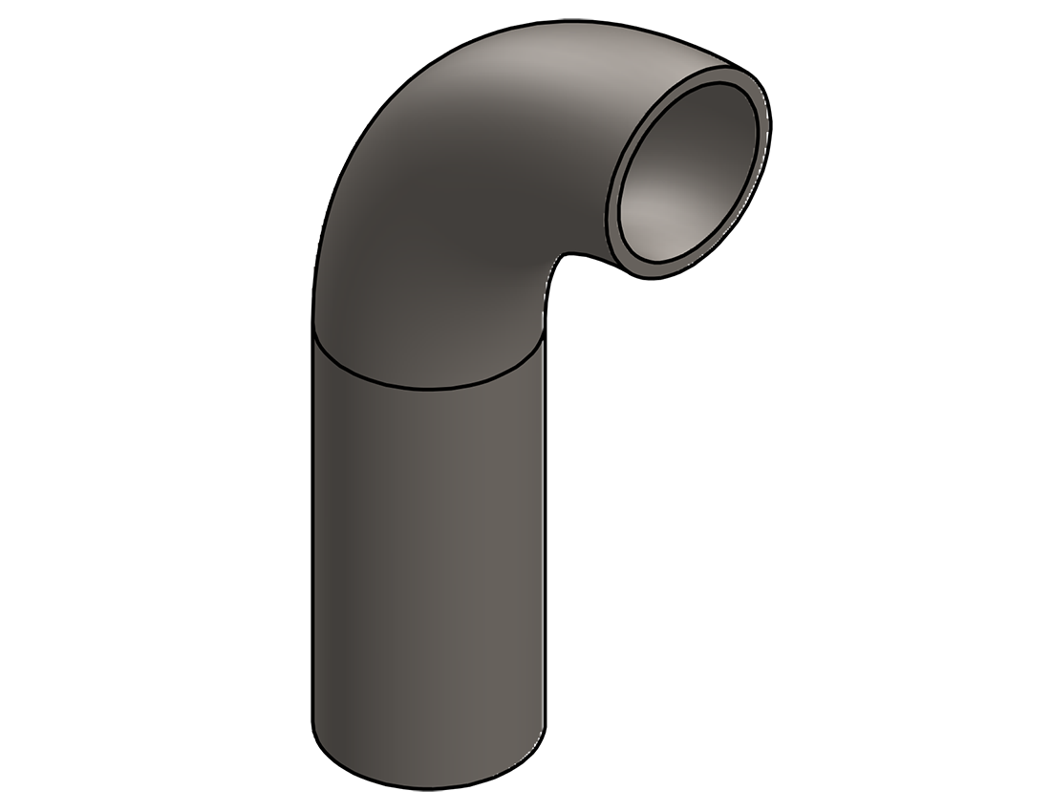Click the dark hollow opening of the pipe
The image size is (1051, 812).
(x=690, y=172)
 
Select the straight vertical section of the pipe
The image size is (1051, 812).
(x=430, y=573)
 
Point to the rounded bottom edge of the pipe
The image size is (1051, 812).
(x=430, y=787)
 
